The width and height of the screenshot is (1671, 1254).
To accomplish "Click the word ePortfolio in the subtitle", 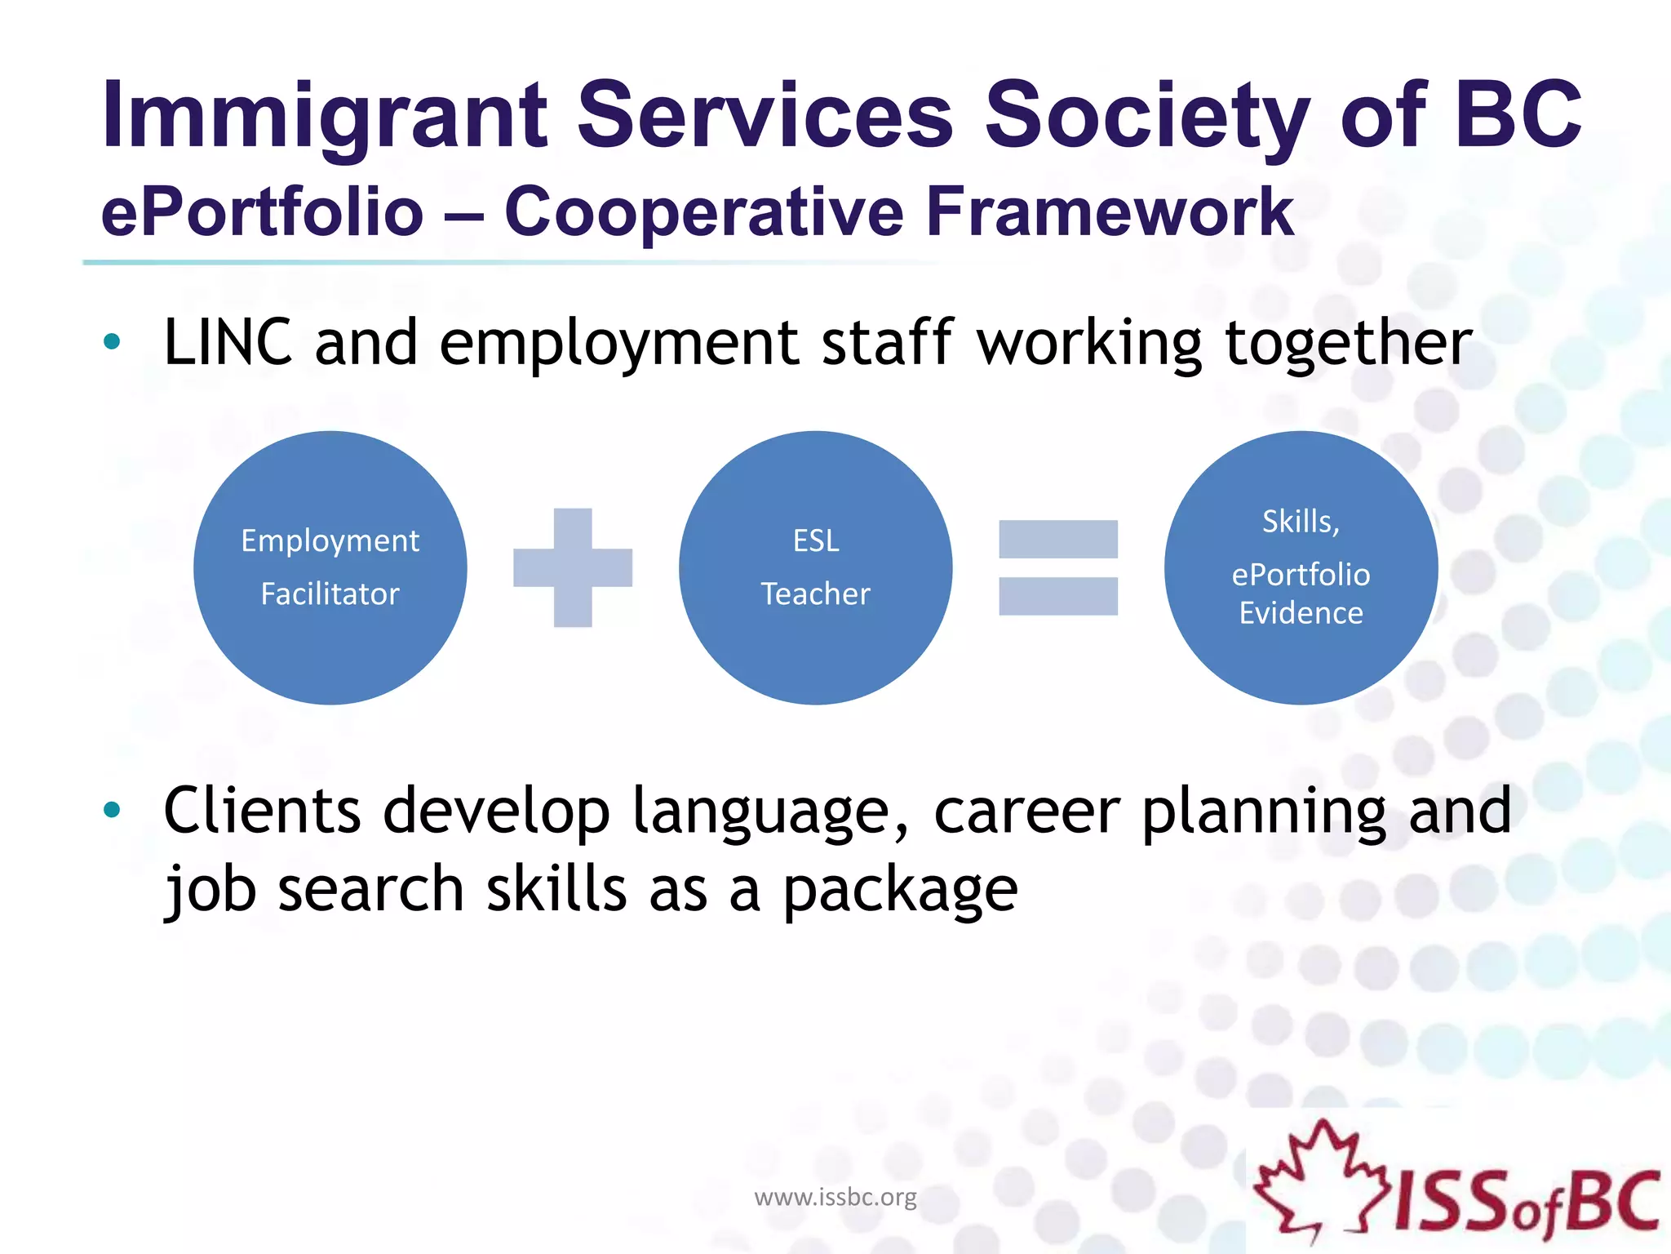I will pos(262,212).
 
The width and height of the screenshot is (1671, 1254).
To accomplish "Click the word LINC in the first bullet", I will pos(228,343).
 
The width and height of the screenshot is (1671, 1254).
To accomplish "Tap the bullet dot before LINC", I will pos(112,342).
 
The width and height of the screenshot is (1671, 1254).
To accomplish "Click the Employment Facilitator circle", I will pos(330,567).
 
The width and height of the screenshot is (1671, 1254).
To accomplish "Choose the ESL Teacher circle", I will pos(815,567).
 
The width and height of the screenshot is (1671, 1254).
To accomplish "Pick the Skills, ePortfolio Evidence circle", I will pos(1301,567).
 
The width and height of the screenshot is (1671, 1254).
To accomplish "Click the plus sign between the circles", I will pos(573,567).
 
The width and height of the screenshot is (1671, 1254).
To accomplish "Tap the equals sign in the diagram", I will pos(1058,567).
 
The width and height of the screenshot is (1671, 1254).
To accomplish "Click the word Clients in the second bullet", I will pos(262,812).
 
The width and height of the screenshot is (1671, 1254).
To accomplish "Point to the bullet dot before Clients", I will pos(112,810).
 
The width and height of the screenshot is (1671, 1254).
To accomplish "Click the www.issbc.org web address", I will pos(835,1197).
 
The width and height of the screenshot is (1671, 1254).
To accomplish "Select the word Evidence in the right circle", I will pos(1301,613).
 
